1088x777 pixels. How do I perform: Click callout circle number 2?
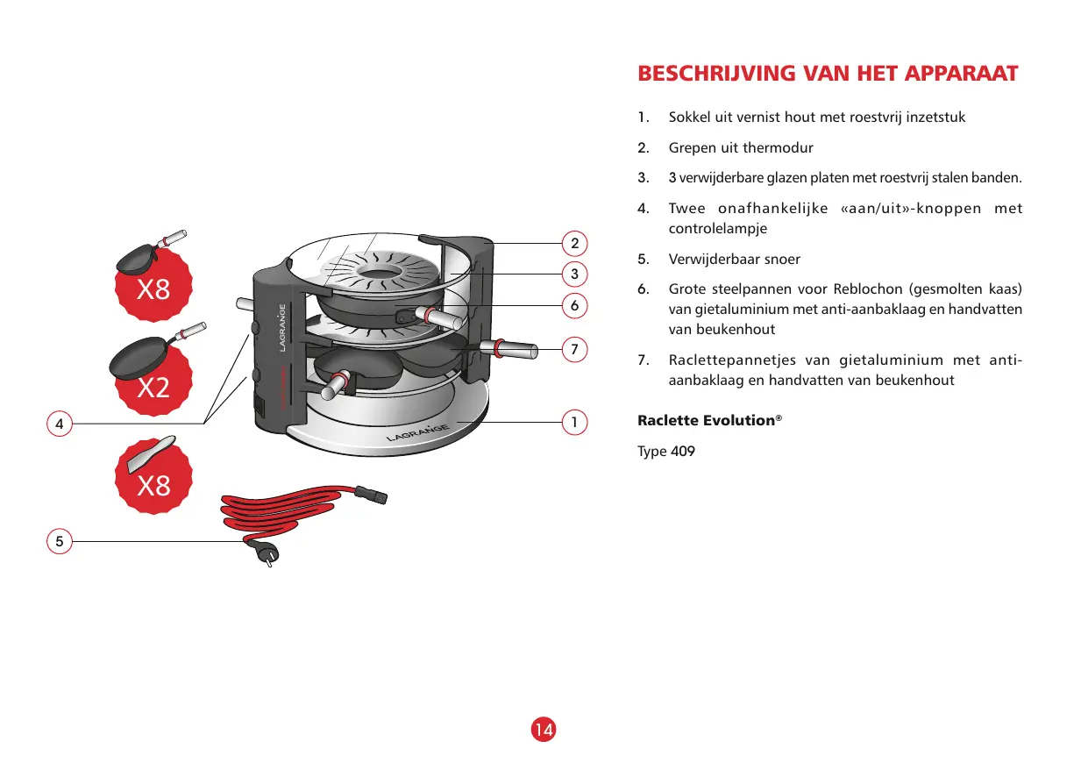pyautogui.click(x=574, y=243)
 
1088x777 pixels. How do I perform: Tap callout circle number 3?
pyautogui.click(x=574, y=274)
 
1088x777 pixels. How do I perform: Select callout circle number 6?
pyautogui.click(x=574, y=305)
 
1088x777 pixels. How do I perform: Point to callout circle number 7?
pyautogui.click(x=574, y=349)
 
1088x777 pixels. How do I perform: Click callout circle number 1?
pyautogui.click(x=574, y=423)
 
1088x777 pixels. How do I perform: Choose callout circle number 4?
pyautogui.click(x=59, y=424)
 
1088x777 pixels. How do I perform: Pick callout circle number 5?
pyautogui.click(x=59, y=541)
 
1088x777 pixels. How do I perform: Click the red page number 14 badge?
pyautogui.click(x=544, y=729)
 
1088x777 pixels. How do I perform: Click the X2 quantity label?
pyautogui.click(x=153, y=388)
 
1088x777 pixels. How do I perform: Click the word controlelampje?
pyautogui.click(x=718, y=228)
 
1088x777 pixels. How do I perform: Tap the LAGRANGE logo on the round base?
pyautogui.click(x=417, y=431)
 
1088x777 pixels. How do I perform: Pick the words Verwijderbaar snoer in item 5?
pyautogui.click(x=734, y=260)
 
